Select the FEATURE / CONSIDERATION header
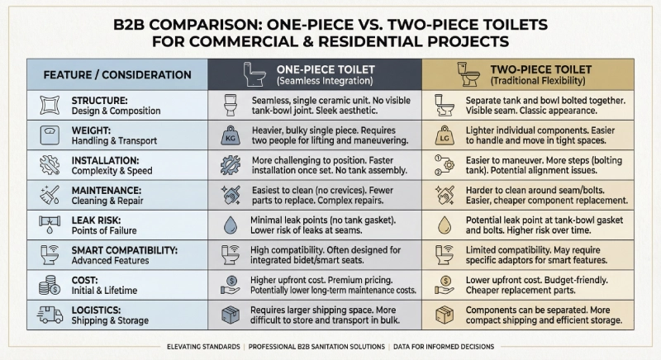tap(117, 75)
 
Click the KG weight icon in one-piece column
tap(231, 135)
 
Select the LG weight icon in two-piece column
tap(445, 135)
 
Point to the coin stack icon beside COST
tap(50, 284)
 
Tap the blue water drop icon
tap(231, 225)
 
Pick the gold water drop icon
tap(445, 225)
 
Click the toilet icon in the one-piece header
tap(253, 74)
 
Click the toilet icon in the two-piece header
tap(468, 74)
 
